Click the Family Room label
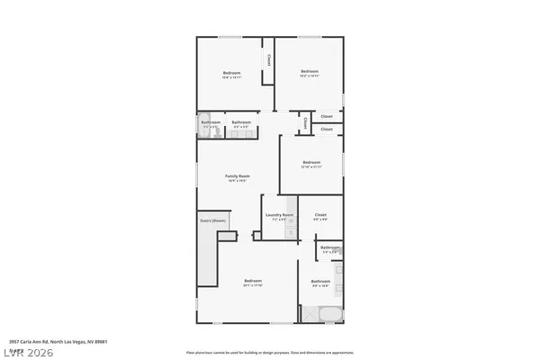pos(238,175)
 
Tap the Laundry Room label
pos(279,215)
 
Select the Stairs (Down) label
pos(212,220)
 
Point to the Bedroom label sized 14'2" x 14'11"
pos(310,72)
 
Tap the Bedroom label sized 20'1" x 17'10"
pos(252,281)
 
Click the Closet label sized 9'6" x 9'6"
pos(320,215)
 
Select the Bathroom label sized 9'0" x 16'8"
pos(321,282)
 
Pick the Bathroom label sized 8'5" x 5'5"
pos(240,121)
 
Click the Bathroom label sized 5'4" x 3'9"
pos(329,247)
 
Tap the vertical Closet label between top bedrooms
pos(268,59)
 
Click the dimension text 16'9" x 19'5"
pos(238,181)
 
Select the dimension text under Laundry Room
pos(279,220)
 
